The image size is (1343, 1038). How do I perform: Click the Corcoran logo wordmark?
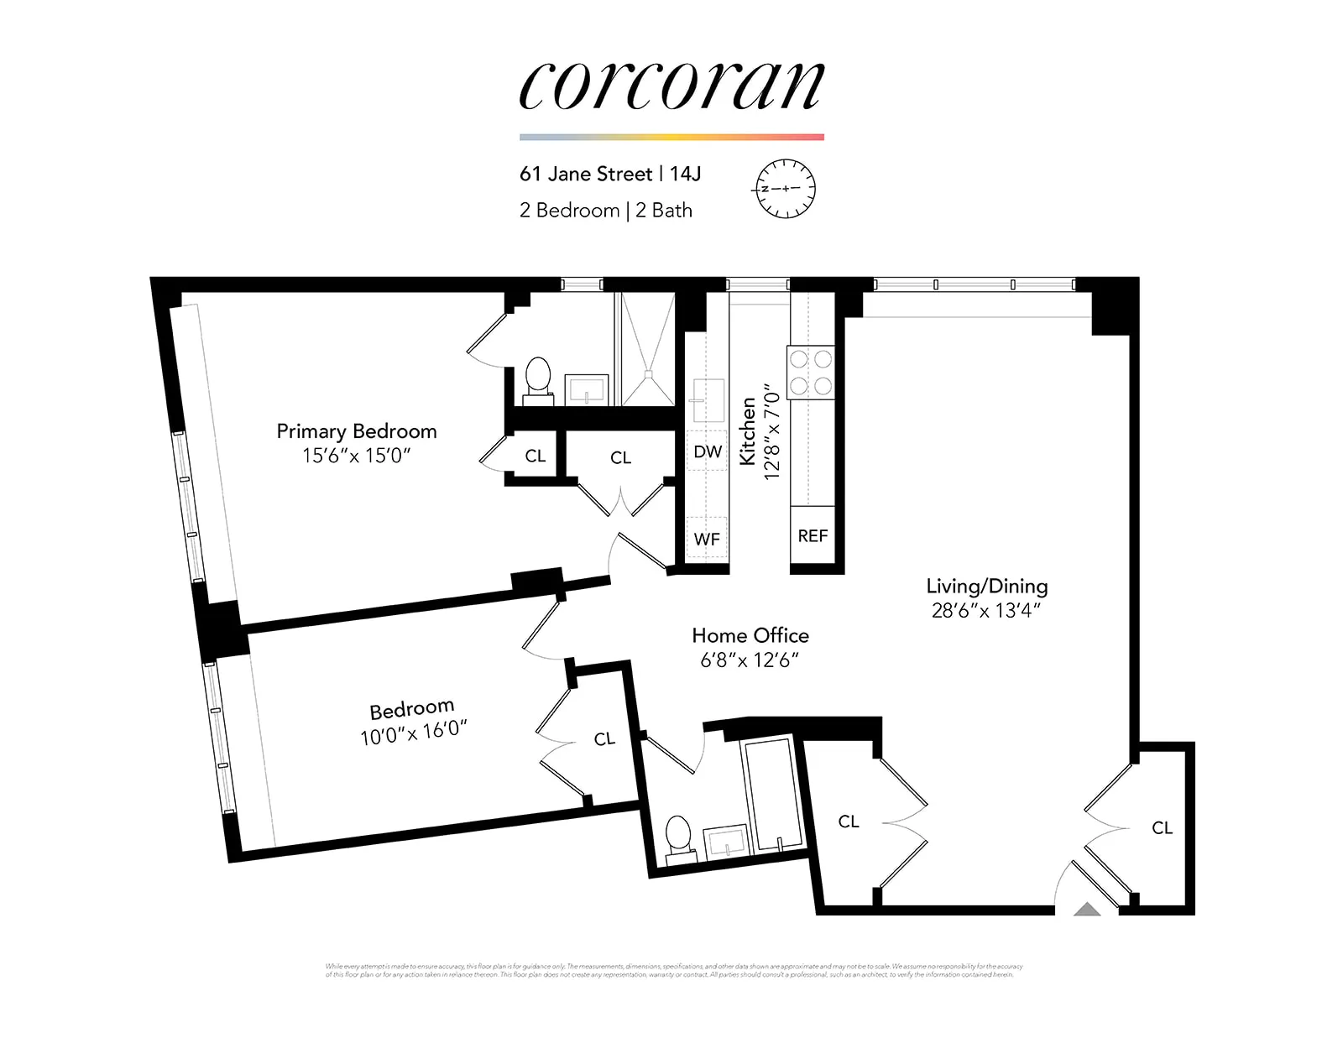point(671,86)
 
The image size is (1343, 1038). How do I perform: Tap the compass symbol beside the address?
point(786,188)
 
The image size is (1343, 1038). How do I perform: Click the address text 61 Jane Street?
point(586,174)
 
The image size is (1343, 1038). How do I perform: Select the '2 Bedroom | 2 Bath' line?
point(605,211)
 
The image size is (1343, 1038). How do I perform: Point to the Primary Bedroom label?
point(357,431)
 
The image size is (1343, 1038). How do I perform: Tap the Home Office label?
point(750,635)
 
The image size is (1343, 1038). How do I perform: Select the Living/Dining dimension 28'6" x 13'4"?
point(985,611)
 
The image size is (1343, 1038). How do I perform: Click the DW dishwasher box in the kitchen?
point(707,451)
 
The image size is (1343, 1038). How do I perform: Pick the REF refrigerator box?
point(812,535)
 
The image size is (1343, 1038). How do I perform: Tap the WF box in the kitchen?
point(707,539)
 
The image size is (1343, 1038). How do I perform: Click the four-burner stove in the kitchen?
point(811,373)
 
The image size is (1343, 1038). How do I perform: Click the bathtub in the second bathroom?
point(771,794)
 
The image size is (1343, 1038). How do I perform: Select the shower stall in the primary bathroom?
point(646,349)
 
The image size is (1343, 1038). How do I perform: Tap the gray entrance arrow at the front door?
point(1087,909)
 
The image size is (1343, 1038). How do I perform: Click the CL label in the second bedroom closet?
point(604,739)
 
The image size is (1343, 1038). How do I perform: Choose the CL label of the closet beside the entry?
point(1162,828)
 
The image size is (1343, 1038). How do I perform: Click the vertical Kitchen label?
point(747,430)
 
